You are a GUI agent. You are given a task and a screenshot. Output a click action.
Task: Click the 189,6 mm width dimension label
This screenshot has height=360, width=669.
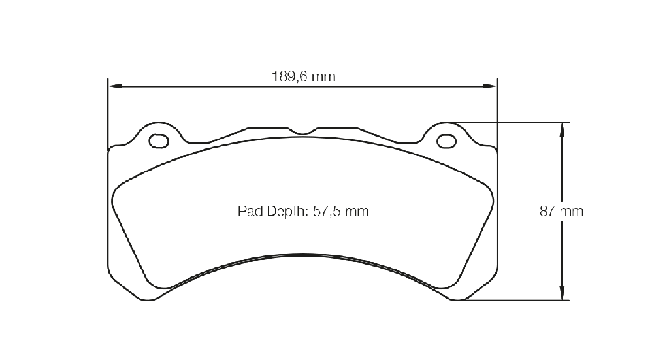coord(304,77)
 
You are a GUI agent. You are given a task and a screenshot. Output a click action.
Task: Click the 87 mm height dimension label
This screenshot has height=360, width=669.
coord(561,212)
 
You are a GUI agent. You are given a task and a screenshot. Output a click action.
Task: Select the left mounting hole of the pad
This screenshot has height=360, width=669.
coord(159,140)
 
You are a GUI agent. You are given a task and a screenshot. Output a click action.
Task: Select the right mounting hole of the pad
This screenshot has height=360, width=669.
coord(446,140)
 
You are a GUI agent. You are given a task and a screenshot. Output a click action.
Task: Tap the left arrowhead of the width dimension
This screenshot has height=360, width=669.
coord(115,86)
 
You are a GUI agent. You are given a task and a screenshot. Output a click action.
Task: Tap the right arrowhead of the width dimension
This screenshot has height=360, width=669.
coord(490,86)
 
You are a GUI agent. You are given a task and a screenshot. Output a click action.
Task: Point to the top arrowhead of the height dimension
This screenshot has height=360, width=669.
coord(562,130)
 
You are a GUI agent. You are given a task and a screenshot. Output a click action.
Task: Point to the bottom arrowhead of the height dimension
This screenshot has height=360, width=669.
coord(562,293)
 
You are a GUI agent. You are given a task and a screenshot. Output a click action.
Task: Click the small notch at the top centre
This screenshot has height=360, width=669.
coord(302,131)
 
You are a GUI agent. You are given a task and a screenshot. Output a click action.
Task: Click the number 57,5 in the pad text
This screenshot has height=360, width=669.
coord(327,212)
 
